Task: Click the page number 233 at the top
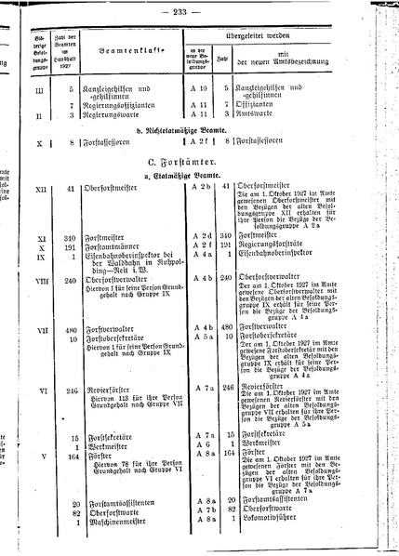(x=200, y=11)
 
